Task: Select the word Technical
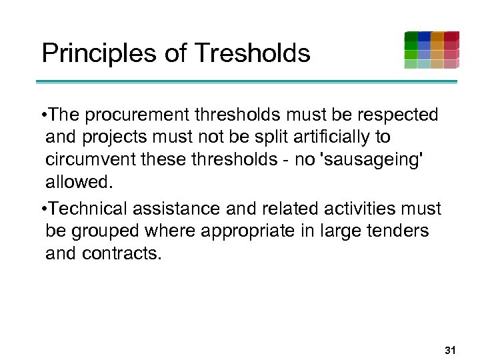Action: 89,209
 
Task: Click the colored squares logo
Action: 431,50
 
